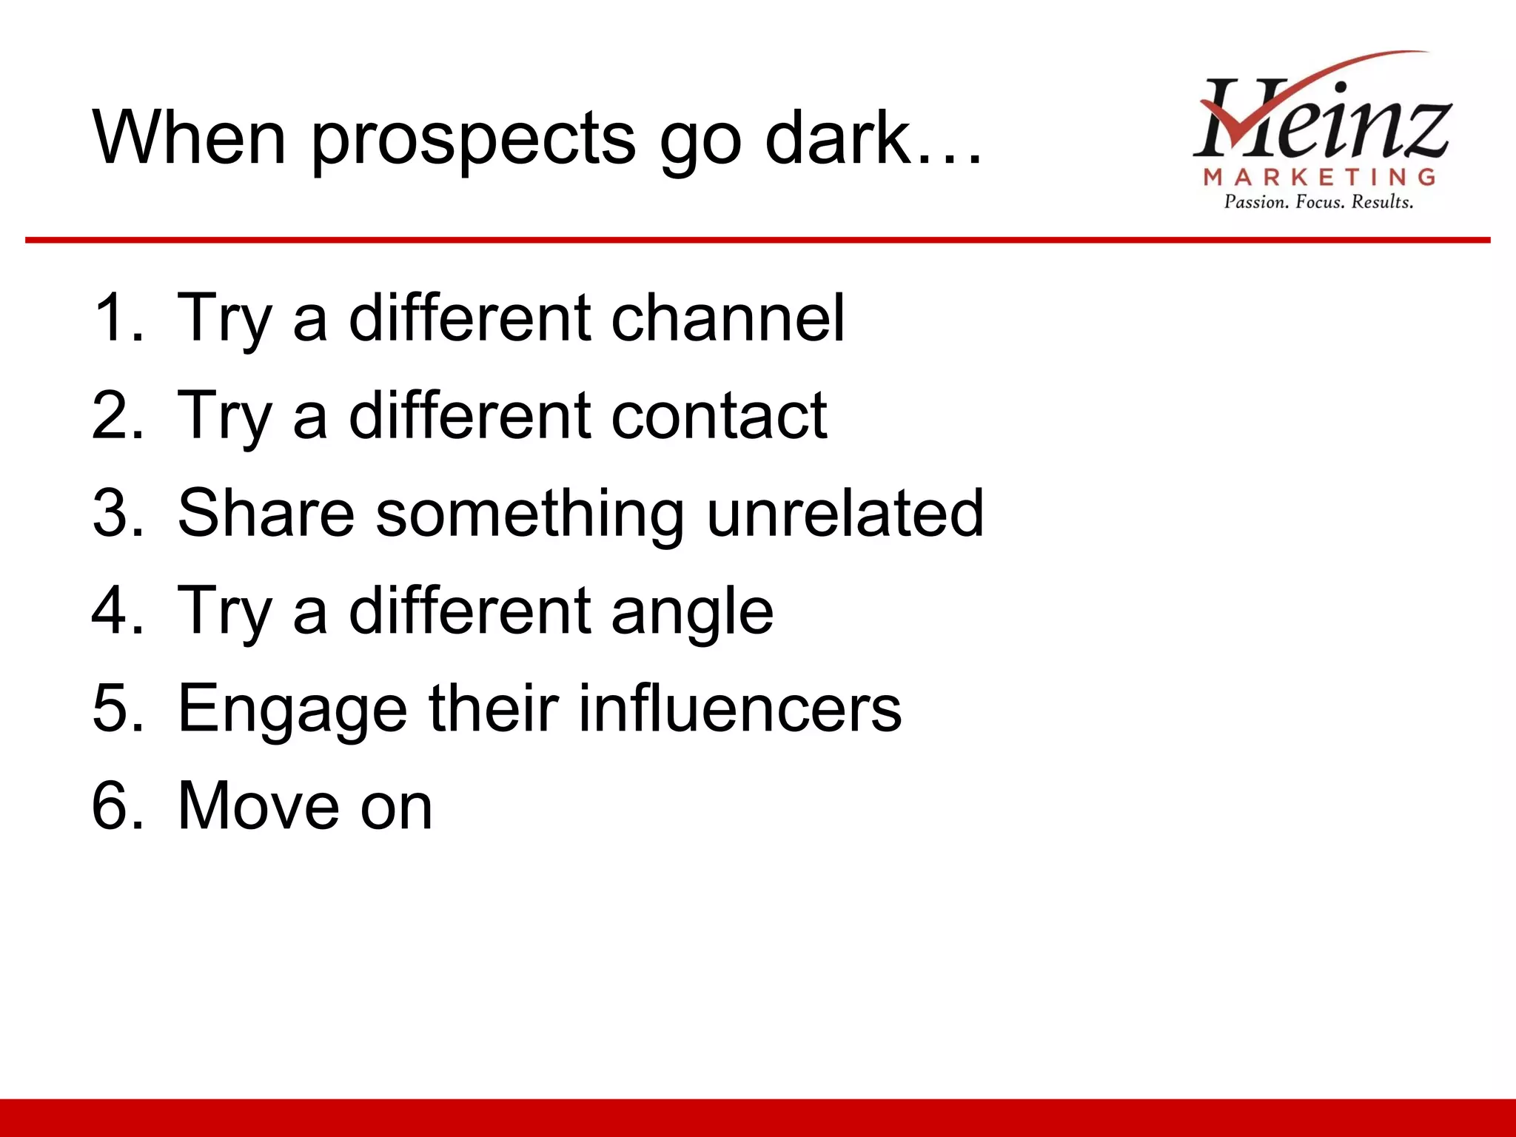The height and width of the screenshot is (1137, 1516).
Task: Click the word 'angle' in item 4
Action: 692,611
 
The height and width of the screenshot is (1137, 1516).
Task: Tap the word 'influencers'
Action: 739,708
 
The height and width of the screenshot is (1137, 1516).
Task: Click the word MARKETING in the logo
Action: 1320,177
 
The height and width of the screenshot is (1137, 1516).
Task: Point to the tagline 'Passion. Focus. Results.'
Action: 1318,202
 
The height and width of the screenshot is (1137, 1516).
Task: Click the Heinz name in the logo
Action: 1321,118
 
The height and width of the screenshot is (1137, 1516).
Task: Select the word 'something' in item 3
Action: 530,514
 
